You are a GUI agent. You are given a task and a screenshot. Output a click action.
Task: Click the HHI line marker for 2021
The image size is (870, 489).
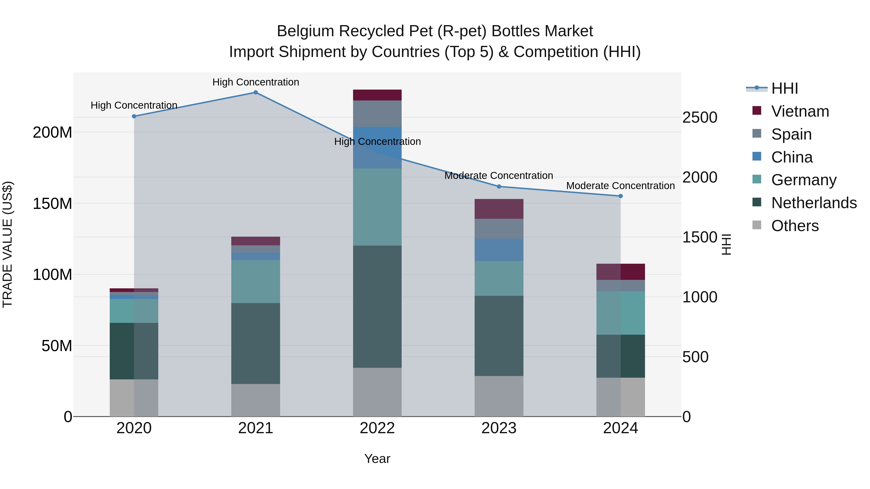coord(256,92)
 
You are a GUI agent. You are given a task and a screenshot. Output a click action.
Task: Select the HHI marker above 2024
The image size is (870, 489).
coord(620,196)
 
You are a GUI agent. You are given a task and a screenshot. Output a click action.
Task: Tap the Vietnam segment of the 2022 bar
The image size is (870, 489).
coord(377,95)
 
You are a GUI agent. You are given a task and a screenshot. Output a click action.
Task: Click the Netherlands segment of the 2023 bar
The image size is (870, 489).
coord(499,336)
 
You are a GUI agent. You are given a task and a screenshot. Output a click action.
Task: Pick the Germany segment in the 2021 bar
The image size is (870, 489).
coord(256,282)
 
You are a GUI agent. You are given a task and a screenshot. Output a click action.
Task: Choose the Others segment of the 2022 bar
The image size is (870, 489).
coord(377,392)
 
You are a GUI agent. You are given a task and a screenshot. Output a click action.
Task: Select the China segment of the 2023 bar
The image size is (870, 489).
coord(499,250)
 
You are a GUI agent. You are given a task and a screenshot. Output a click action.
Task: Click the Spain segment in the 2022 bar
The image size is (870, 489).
coord(377,113)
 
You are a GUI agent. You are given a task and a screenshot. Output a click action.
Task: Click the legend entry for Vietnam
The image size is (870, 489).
coord(800,111)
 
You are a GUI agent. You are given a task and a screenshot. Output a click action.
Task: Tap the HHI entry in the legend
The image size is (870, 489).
coord(784,88)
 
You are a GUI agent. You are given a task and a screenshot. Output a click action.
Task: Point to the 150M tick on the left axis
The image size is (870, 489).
coord(52,204)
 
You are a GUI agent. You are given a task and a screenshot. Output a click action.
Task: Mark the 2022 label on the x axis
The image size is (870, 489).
coord(377,428)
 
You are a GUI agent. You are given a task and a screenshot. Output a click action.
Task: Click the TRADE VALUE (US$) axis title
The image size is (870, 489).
coord(7,244)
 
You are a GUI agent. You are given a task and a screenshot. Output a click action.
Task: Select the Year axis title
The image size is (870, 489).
coord(377,459)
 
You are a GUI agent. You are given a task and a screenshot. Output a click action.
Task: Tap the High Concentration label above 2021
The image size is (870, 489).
coord(256,82)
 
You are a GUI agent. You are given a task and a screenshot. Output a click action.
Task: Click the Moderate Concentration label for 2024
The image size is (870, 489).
coord(620,186)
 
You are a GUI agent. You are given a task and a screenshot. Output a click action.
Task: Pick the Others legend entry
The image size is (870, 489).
coord(795,226)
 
